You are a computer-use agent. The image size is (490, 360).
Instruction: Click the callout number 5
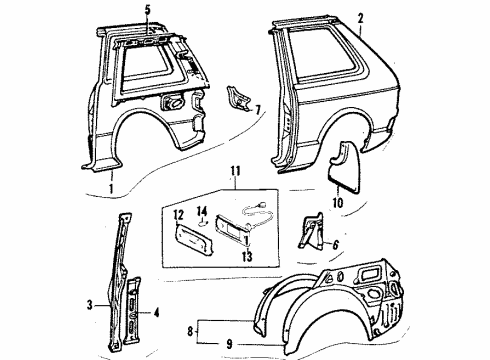[147, 10]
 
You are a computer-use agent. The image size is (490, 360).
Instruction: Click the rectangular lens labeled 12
[189, 236]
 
